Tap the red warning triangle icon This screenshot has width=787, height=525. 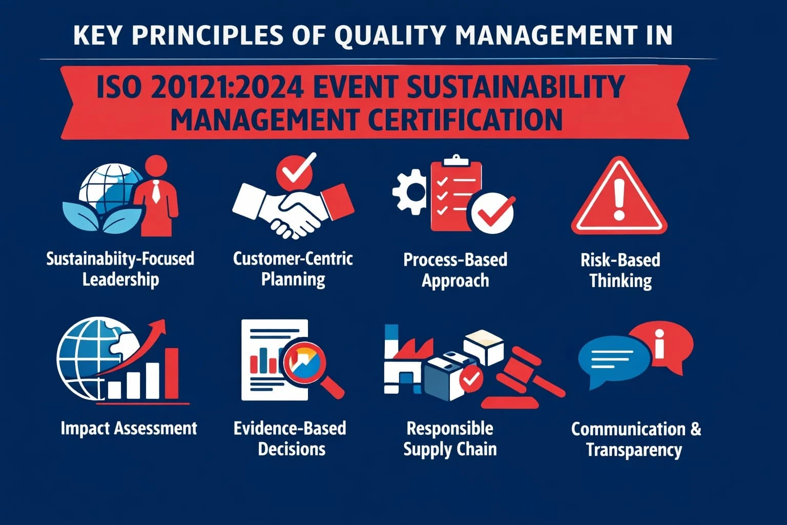[619, 198]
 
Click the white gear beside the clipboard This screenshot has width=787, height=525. [409, 192]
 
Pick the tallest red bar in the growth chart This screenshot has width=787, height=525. [172, 373]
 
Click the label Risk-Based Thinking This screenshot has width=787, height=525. [620, 270]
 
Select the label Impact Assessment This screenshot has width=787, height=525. [129, 428]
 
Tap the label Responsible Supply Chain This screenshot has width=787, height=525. [450, 439]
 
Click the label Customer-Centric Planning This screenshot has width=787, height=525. [293, 269]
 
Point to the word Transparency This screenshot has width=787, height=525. [634, 450]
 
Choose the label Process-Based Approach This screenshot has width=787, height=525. [455, 270]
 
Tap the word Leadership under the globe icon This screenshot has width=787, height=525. [121, 280]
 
